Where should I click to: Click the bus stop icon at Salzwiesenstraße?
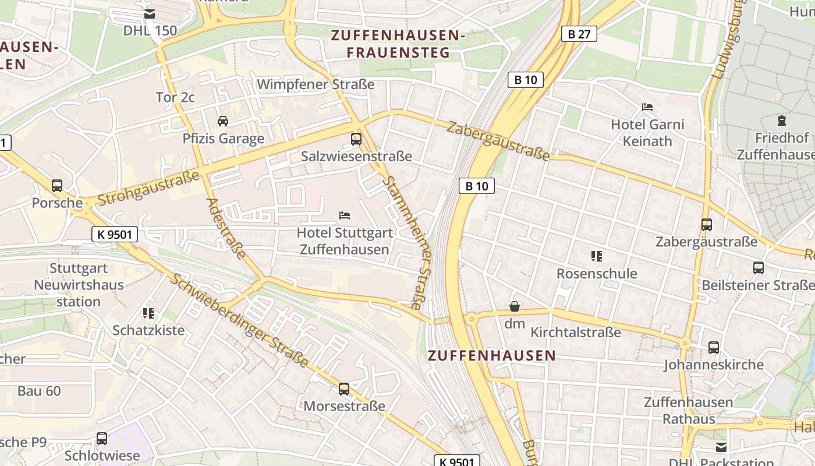click(x=356, y=139)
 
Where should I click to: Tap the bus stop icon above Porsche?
click(x=57, y=186)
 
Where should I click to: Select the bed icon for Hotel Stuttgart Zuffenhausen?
click(x=345, y=216)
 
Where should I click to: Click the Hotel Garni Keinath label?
click(x=647, y=133)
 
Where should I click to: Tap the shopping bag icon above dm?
click(x=515, y=306)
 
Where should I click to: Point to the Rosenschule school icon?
click(x=596, y=256)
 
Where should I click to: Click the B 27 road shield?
click(x=579, y=34)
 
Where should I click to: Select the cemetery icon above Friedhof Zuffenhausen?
click(x=781, y=121)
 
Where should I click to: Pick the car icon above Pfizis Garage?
click(x=222, y=121)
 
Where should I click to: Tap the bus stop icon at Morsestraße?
click(x=344, y=389)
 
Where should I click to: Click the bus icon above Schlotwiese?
click(x=102, y=438)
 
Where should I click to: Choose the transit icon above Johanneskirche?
click(x=714, y=348)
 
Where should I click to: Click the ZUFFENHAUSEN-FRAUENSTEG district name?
click(x=398, y=44)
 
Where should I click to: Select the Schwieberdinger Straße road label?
click(x=239, y=320)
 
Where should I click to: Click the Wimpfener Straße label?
click(x=316, y=84)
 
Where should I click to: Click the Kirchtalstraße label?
click(x=576, y=333)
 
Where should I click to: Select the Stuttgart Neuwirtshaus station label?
click(x=79, y=285)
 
